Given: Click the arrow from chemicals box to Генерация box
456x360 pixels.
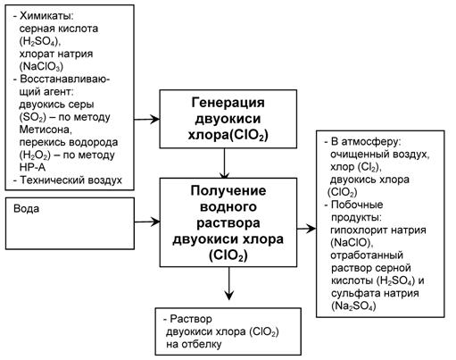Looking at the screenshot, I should tap(148, 119).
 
